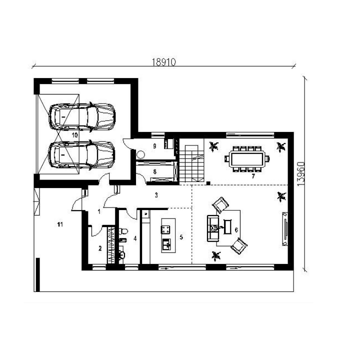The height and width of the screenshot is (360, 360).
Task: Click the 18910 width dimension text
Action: click(164, 62)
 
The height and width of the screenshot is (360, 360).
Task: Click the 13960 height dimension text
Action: click(301, 174)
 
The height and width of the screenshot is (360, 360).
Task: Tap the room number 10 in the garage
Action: click(75, 135)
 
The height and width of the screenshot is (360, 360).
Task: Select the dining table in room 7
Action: click(247, 159)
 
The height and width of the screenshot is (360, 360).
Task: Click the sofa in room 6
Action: click(213, 228)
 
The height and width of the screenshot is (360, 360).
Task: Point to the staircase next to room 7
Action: click(191, 163)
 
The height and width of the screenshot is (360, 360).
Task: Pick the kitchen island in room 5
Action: click(168, 235)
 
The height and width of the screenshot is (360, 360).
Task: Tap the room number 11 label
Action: click(60, 224)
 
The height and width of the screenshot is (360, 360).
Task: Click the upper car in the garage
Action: click(82, 117)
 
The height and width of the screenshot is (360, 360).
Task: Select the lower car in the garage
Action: click(81, 155)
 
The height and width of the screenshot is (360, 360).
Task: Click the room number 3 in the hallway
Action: click(156, 195)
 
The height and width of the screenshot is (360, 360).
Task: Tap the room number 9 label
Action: click(154, 146)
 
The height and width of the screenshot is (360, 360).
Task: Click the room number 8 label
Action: click(154, 171)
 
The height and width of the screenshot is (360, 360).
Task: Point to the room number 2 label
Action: click(100, 248)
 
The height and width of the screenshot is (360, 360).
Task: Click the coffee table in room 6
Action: click(227, 227)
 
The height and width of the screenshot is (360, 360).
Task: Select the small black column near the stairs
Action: click(208, 183)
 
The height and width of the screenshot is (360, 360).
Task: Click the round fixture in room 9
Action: click(140, 154)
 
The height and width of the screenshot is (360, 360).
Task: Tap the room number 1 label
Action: click(99, 211)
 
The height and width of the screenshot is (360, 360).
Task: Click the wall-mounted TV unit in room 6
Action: click(285, 229)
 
